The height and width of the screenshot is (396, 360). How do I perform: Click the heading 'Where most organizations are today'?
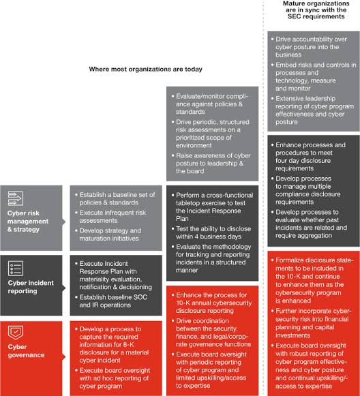pos(145,70)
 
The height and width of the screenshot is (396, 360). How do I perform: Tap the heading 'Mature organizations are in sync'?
pos(316,10)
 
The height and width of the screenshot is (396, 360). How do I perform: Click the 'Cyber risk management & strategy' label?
pos(28,222)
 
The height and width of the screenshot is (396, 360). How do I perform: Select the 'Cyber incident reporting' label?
pos(31,287)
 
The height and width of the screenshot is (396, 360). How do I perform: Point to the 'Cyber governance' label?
pos(26,351)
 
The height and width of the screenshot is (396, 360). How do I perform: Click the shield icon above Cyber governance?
pos(16,333)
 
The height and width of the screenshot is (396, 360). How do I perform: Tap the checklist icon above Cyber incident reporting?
pos(16,269)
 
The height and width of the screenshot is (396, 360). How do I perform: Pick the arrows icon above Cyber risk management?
pos(16,198)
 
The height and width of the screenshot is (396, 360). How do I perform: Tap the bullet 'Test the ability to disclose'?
pos(211,232)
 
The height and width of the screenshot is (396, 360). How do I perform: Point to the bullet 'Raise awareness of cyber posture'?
pos(211,164)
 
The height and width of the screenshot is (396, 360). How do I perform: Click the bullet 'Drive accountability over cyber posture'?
pos(309,47)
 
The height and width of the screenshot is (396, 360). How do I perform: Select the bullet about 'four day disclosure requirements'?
pos(308,157)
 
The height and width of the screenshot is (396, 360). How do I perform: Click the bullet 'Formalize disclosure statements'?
pos(312,280)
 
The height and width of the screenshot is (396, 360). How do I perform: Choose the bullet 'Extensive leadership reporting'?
pos(312,110)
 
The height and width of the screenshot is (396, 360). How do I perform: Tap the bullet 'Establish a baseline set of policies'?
pos(115,198)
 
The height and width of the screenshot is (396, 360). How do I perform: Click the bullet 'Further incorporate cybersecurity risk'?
pos(311,323)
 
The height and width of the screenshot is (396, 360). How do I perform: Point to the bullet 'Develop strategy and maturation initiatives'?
pos(108,234)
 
